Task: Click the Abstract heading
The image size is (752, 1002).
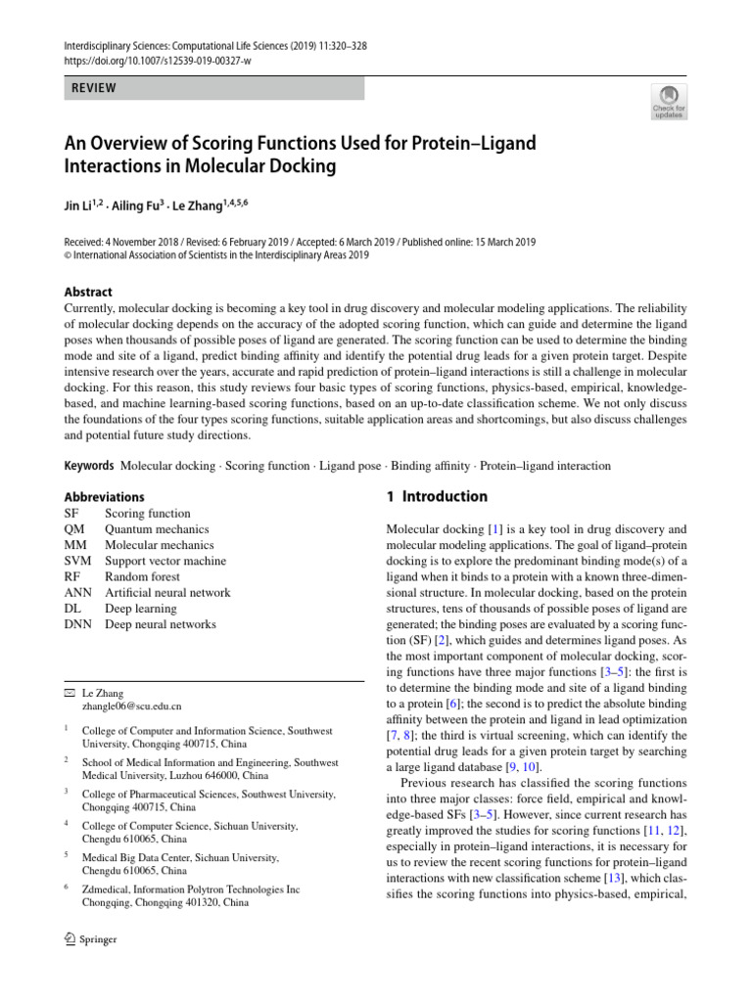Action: pyautogui.click(x=88, y=292)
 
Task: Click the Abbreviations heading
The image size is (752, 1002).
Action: pyautogui.click(x=104, y=497)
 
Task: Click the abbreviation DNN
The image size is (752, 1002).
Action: pyautogui.click(x=77, y=624)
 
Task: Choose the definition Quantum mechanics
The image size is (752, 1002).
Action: pyautogui.click(x=157, y=529)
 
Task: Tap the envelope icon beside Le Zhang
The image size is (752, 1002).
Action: pyautogui.click(x=68, y=691)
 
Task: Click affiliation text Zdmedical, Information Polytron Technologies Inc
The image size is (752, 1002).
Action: pyautogui.click(x=190, y=889)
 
